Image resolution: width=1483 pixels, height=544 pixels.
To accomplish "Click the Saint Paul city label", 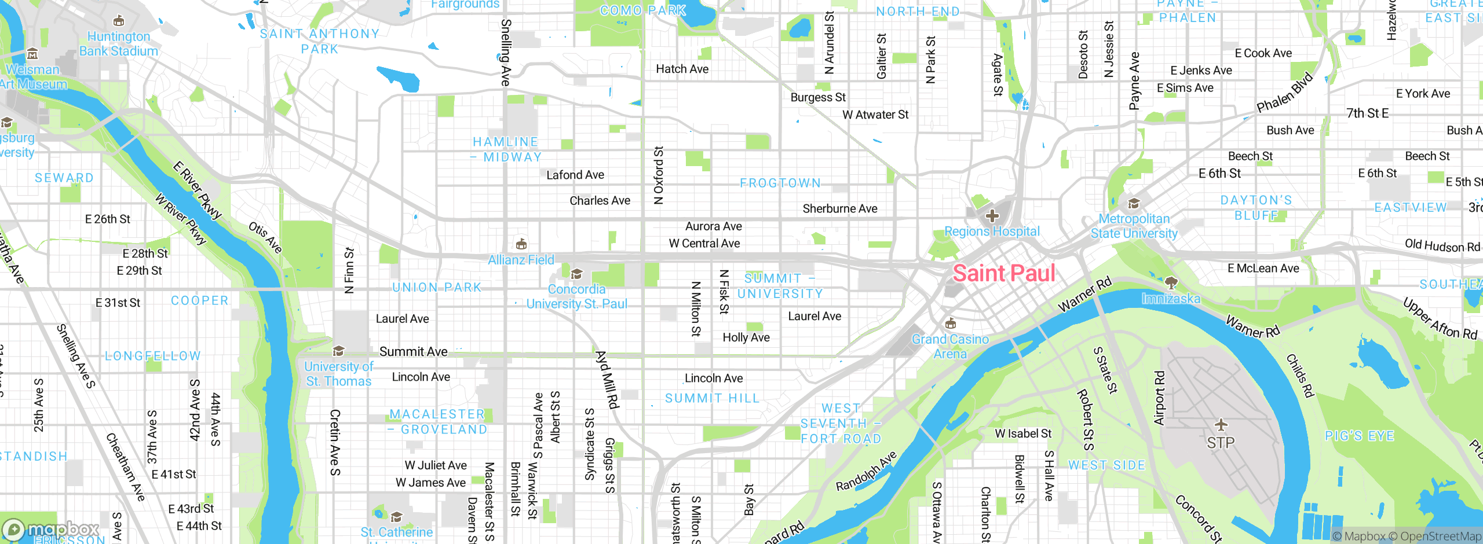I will point(1003,273).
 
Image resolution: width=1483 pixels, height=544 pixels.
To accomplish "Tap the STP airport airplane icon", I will point(1221,425).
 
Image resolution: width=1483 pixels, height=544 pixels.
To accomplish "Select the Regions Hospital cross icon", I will point(992,216).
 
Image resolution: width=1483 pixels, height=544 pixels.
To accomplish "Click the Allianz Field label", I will point(521,260).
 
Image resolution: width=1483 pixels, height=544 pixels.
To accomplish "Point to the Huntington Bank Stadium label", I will point(119,43).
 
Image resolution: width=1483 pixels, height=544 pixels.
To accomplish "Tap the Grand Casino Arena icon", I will point(950,323).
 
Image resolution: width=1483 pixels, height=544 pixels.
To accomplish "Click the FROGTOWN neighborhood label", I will point(780,183).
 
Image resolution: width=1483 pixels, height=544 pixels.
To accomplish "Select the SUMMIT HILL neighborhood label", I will point(712,398).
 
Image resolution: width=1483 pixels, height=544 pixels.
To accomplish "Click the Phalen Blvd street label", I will point(1284,93).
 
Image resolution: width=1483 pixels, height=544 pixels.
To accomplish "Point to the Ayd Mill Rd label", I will point(607,379).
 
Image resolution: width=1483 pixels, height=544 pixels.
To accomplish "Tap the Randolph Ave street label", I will point(866,471).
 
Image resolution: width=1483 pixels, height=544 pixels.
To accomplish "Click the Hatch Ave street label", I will point(682,69).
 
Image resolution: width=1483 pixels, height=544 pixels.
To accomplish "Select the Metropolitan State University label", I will point(1134,226).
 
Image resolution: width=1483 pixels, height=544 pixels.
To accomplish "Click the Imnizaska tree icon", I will point(1171,282).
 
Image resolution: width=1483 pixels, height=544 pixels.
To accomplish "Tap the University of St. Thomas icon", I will point(338,351).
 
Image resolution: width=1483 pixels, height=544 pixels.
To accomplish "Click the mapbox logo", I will point(51,529).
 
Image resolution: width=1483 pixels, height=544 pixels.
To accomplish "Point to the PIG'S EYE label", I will point(1359,436).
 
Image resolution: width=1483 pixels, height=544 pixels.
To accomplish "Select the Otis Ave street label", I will point(265,237).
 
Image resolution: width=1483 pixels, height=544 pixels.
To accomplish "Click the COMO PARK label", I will point(643,10).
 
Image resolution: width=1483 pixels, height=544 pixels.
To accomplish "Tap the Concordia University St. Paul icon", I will point(576,274).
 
